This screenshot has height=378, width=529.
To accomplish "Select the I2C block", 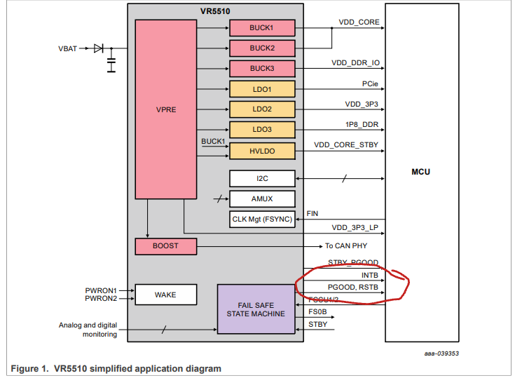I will (x=262, y=178).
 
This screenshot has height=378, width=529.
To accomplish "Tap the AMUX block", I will (x=262, y=198).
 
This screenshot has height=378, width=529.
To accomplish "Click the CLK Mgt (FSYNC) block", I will (x=262, y=220).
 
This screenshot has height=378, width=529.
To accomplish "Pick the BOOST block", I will (x=165, y=246).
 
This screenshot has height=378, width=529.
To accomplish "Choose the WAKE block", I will (x=165, y=295).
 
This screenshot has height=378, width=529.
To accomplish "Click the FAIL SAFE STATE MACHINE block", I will (x=256, y=309).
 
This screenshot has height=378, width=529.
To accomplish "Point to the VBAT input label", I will (x=69, y=48).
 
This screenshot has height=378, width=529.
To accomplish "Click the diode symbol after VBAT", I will (x=98, y=48).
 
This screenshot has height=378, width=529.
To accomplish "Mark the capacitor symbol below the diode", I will (x=111, y=65).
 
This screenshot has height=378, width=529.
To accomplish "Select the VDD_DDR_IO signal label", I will (x=355, y=63).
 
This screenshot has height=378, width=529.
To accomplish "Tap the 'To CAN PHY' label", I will (x=345, y=246).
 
